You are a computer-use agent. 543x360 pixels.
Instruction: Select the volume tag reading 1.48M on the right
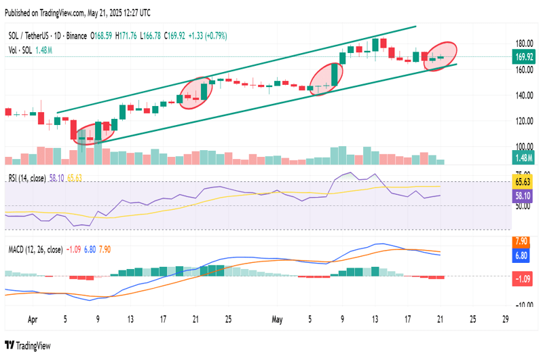pyautogui.click(x=525, y=158)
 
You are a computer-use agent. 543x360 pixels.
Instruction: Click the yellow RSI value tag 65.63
pyautogui.click(x=523, y=182)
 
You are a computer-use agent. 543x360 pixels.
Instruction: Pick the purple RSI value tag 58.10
pyautogui.click(x=523, y=195)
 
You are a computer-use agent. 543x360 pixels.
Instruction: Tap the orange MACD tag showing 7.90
pyautogui.click(x=523, y=241)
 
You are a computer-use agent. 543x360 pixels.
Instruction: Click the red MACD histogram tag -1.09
pyautogui.click(x=523, y=277)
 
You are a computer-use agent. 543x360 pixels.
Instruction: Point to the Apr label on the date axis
pyautogui.click(x=33, y=318)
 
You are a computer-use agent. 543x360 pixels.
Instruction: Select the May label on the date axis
pyautogui.click(x=276, y=318)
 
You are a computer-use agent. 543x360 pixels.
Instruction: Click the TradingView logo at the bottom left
pyautogui.click(x=28, y=346)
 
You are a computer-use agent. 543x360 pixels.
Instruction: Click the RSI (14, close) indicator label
pyautogui.click(x=26, y=178)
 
